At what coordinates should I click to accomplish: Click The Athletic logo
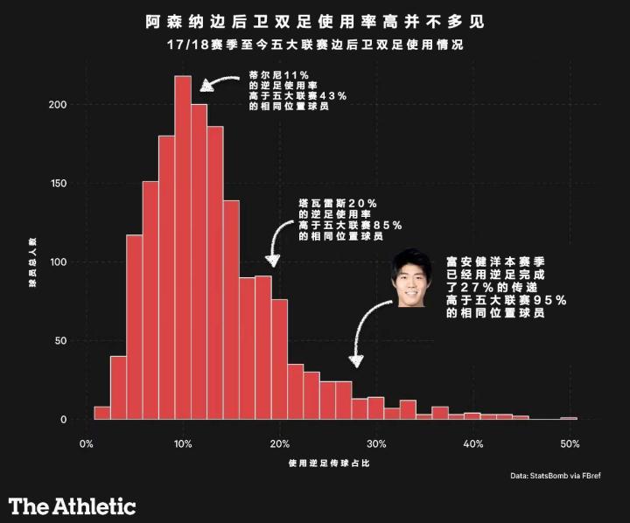tap(73, 506)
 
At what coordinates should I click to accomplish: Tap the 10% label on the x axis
tap(183, 444)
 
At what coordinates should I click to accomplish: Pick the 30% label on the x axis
tap(376, 444)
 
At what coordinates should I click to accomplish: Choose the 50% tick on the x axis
tap(570, 444)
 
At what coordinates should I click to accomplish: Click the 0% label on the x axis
tap(86, 444)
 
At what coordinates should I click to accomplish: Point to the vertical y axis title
tap(33, 262)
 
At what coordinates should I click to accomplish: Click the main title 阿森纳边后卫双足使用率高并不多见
tap(315, 19)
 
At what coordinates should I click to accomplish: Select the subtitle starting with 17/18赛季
tap(315, 44)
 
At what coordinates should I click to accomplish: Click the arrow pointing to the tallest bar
tap(218, 80)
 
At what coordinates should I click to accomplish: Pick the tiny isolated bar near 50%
tap(569, 418)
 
